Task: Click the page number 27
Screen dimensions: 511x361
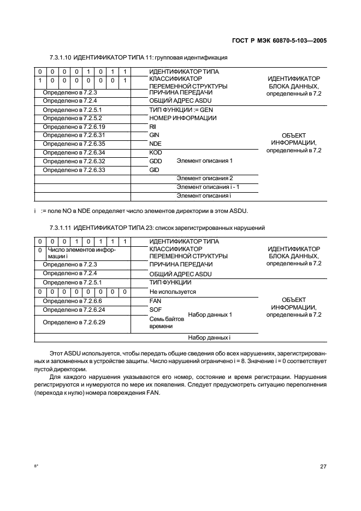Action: pyautogui.click(x=323, y=466)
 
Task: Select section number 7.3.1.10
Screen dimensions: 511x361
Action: pyautogui.click(x=60, y=57)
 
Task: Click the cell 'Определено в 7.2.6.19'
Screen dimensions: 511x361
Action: pyautogui.click(x=74, y=127)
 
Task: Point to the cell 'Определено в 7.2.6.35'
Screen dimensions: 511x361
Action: pyautogui.click(x=74, y=144)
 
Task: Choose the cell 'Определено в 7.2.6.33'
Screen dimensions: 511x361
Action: pyautogui.click(x=74, y=170)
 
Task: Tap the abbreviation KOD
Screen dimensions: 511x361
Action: pyautogui.click(x=155, y=152)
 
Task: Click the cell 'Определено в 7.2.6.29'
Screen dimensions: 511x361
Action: pyautogui.click(x=74, y=322)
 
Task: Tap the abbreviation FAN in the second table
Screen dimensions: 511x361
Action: pyautogui.click(x=155, y=300)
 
